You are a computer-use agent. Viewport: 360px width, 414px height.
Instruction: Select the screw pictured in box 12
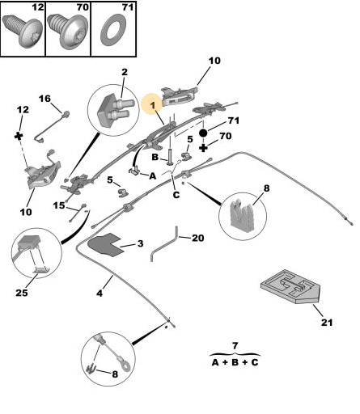[x=22, y=31]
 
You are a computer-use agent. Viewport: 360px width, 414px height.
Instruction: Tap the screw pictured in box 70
[x=67, y=30]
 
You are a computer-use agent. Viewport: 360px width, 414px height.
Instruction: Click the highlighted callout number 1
[x=153, y=105]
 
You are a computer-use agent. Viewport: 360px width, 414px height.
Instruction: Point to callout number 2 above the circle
[x=125, y=72]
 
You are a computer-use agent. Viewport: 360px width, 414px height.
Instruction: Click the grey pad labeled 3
[x=106, y=244]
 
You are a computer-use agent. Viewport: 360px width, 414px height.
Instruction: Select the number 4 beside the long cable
[x=100, y=293]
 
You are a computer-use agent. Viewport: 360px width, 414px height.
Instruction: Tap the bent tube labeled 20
[x=164, y=244]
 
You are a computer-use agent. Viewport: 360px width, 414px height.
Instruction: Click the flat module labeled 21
[x=290, y=286]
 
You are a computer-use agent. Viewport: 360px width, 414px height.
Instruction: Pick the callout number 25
[x=22, y=293]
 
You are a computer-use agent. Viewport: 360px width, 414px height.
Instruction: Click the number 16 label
[x=44, y=99]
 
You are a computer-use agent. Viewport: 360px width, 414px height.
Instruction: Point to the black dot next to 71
[x=203, y=133]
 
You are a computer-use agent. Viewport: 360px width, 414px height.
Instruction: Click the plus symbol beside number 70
[x=203, y=148]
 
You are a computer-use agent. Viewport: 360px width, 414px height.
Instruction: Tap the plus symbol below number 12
[x=19, y=136]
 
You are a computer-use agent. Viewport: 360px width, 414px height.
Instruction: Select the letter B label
[x=155, y=157]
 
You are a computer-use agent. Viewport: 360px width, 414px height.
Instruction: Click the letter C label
[x=176, y=195]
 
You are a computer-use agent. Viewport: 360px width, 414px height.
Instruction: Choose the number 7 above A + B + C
[x=235, y=345]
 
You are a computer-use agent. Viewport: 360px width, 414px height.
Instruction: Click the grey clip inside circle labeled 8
[x=241, y=216]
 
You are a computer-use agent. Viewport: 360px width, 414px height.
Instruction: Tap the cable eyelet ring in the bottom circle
[x=126, y=366]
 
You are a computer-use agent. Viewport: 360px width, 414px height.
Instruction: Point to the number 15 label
[x=59, y=205]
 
